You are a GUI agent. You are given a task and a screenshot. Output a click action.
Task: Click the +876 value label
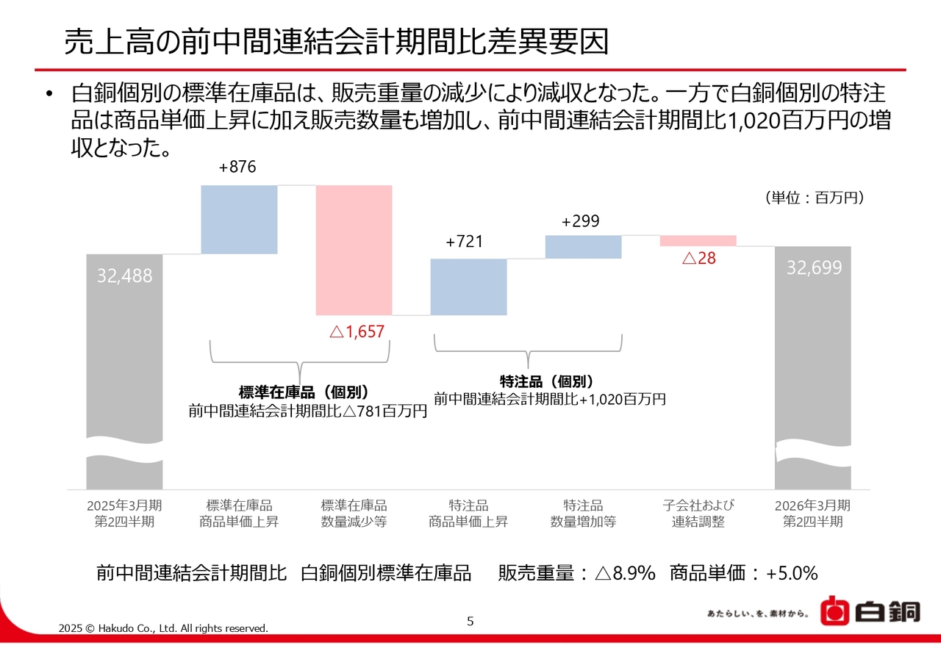point(237,168)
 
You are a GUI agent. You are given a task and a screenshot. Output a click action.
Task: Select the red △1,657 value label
point(357,332)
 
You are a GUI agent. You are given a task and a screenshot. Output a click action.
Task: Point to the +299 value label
point(580,221)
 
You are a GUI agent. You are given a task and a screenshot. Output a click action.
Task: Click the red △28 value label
point(698,259)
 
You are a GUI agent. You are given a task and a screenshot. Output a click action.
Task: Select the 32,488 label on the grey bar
point(125,276)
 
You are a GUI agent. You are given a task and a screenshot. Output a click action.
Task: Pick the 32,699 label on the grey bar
point(814,268)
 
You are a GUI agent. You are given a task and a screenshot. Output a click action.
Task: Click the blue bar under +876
point(239,219)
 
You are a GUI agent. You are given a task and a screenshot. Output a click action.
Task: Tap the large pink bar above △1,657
point(354,250)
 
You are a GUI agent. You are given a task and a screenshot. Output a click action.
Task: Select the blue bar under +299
point(583,247)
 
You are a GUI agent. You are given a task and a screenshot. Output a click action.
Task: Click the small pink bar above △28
point(698,240)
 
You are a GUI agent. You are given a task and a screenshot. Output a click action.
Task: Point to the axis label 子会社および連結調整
point(698,514)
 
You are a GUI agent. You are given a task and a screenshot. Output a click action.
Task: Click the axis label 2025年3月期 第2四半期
point(124,514)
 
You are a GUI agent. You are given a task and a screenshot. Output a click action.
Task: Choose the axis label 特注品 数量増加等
point(583,514)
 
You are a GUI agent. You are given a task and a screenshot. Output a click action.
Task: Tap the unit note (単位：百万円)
point(814,198)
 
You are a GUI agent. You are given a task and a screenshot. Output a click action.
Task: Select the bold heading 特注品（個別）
point(546,381)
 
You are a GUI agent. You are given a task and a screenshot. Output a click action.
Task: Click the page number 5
point(470,622)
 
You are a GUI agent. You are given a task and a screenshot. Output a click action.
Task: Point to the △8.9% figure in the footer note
point(624,573)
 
